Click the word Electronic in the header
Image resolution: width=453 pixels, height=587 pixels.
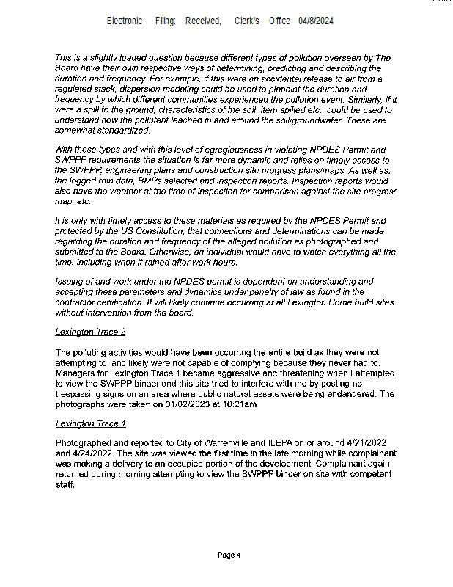(x=125, y=21)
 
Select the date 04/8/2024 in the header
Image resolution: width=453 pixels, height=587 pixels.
(x=316, y=21)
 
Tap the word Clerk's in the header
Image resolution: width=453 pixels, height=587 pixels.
(x=247, y=21)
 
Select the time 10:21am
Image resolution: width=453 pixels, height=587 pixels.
(x=239, y=403)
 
